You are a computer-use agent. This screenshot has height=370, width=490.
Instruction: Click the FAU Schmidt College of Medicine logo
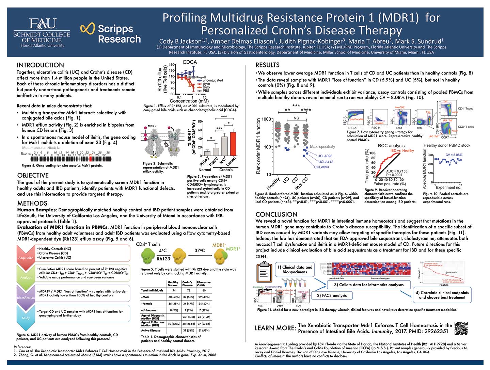(x=42, y=33)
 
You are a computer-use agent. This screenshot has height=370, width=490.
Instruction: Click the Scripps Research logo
(x=111, y=33)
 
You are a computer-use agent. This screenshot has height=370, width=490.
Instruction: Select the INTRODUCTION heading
(x=40, y=65)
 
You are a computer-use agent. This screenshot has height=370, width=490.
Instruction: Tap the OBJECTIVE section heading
(x=33, y=175)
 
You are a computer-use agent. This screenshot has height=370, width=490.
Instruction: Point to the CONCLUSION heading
(x=276, y=214)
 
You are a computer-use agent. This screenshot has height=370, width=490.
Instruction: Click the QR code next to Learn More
(x=461, y=328)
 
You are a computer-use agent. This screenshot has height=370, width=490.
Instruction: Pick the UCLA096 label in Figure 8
(x=325, y=156)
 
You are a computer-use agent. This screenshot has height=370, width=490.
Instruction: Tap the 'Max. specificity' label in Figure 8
(x=322, y=147)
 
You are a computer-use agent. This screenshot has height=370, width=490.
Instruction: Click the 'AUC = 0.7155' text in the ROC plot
(x=397, y=171)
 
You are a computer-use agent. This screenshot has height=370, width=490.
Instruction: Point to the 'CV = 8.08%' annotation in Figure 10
(x=454, y=155)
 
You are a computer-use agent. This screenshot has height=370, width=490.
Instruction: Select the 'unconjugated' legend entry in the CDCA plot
(x=212, y=80)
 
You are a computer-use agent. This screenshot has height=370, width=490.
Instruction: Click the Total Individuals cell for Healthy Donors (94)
(x=174, y=291)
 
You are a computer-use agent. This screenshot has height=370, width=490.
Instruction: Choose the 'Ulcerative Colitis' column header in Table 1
(x=204, y=284)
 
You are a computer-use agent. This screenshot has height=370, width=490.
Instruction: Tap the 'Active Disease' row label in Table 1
(x=151, y=330)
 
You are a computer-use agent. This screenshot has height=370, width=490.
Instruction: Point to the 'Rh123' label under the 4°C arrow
(x=163, y=259)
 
